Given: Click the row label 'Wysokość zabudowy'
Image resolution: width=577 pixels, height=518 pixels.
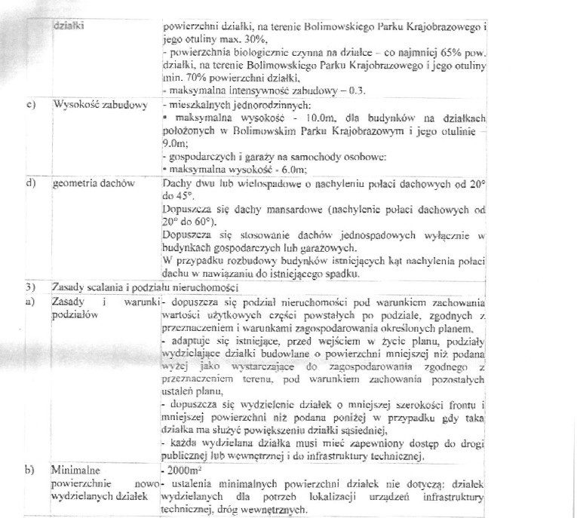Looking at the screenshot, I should pos(100,104).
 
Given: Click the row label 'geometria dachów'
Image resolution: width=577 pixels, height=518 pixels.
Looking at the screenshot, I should pos(94,183).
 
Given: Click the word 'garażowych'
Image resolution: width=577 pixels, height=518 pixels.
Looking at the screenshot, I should pos(348,247).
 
